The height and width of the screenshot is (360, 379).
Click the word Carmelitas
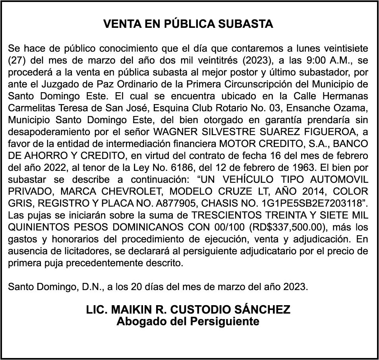(x=30, y=108)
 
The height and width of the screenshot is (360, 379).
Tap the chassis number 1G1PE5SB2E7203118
(x=311, y=203)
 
